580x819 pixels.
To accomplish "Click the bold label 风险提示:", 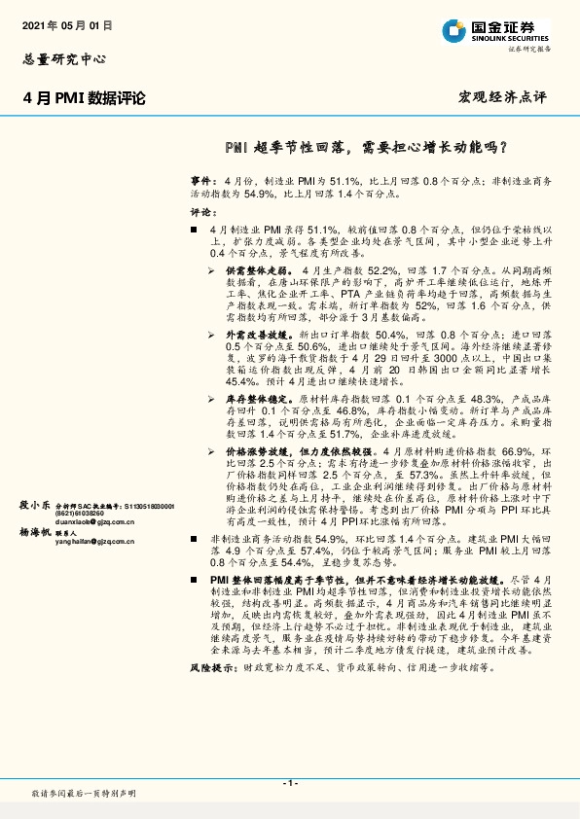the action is click(x=213, y=669).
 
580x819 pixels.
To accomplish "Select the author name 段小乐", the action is click(x=36, y=506).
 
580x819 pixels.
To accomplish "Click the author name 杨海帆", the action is click(x=36, y=532).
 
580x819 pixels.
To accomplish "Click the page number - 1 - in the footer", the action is click(x=289, y=782).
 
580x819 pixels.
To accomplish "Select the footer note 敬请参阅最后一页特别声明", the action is click(x=85, y=794).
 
